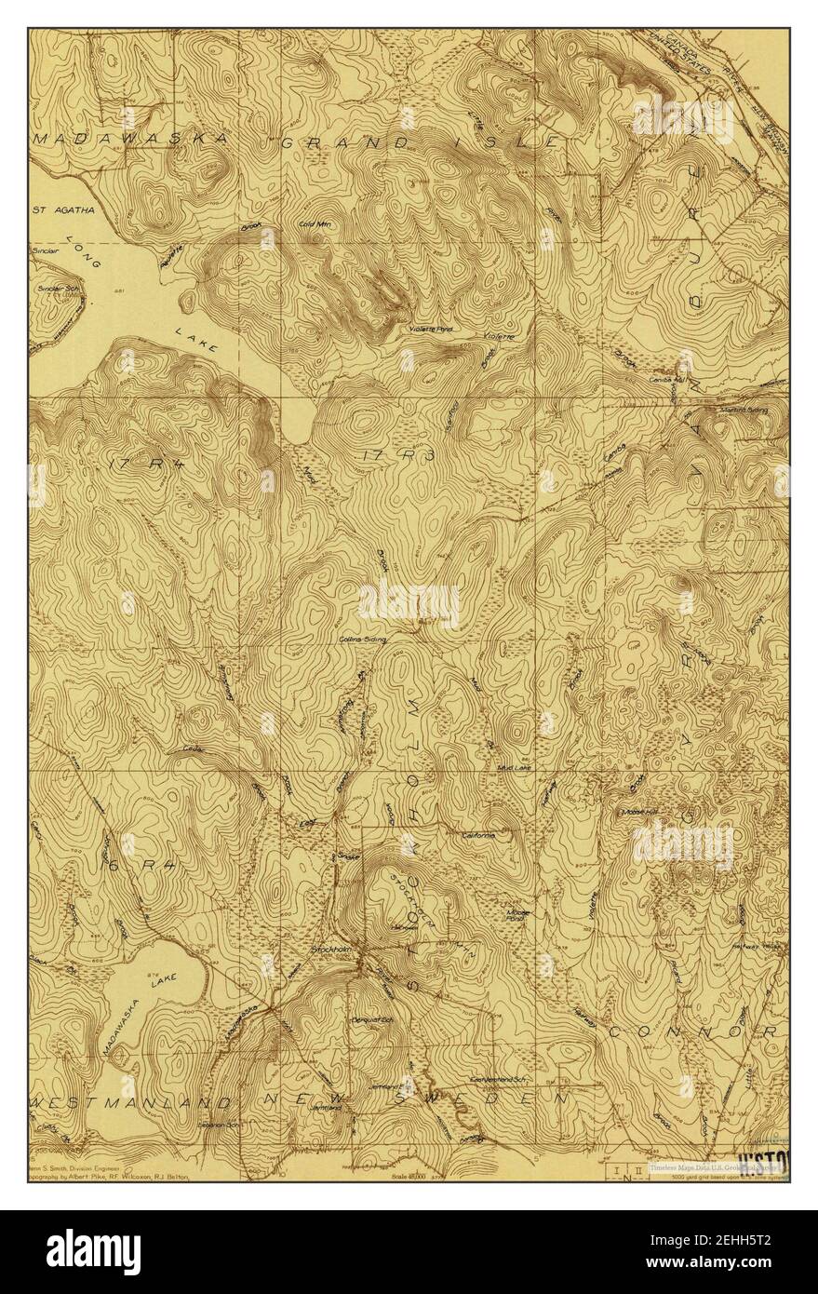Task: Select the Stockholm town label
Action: tap(329, 951)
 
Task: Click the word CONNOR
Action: tap(692, 1032)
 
